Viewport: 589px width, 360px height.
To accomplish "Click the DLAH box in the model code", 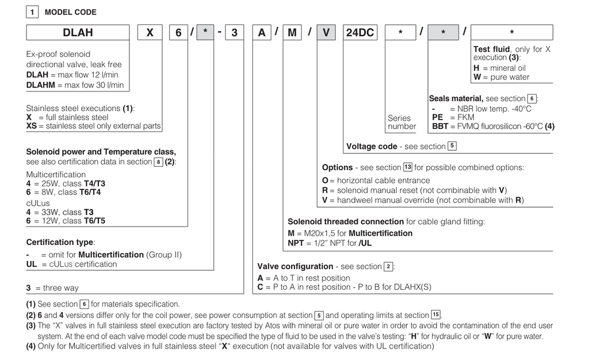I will point(78,33).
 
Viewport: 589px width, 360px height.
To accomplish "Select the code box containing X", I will point(150,33).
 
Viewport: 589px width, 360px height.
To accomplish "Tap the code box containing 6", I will point(179,33).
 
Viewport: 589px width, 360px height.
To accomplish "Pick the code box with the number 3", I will point(234,33).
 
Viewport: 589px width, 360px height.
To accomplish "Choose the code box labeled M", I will point(292,33).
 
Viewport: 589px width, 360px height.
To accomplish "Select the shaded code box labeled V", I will point(326,33).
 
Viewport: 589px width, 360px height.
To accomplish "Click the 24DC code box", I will point(359,33).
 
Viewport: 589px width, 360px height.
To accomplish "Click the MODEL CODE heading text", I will point(71,12).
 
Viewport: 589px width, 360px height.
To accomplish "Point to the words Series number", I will point(401,122).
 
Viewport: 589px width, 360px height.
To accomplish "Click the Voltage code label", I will point(372,147).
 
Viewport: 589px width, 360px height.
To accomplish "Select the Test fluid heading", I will point(491,49).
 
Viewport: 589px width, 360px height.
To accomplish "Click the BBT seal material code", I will point(440,127).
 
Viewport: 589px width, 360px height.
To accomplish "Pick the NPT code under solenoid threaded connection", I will point(296,243).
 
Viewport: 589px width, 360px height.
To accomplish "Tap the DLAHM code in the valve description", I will point(41,85).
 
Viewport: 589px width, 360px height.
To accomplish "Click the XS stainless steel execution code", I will point(32,126).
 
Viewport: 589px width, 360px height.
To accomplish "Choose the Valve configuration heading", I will point(295,266).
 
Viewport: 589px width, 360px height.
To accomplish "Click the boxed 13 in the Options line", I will point(407,167).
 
